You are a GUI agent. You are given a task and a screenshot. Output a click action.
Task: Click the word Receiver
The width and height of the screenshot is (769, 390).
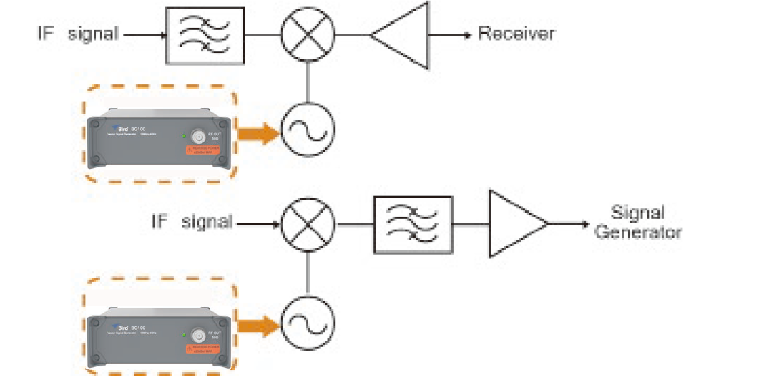pyautogui.click(x=516, y=33)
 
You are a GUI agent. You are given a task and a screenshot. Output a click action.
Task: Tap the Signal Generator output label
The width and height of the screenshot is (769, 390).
pyautogui.click(x=637, y=222)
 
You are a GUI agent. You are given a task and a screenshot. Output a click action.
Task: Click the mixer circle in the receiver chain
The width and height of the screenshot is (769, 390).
pyautogui.click(x=308, y=34)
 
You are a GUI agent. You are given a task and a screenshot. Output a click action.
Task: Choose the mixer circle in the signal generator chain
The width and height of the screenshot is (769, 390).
pyautogui.click(x=308, y=223)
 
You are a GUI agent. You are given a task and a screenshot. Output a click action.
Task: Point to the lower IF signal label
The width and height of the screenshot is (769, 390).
pyautogui.click(x=192, y=222)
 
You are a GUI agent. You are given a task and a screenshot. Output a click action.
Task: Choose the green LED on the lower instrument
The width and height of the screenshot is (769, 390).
pyautogui.click(x=185, y=334)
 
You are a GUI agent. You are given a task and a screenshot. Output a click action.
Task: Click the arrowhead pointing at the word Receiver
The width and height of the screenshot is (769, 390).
pyautogui.click(x=466, y=34)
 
